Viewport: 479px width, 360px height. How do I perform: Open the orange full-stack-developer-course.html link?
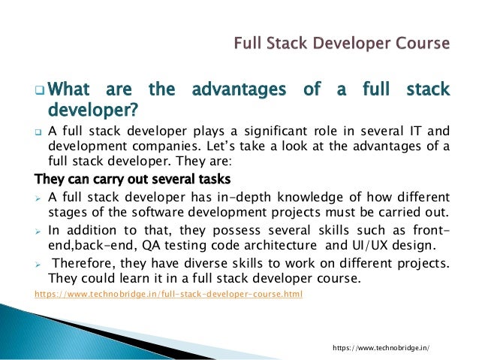click(x=169, y=294)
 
